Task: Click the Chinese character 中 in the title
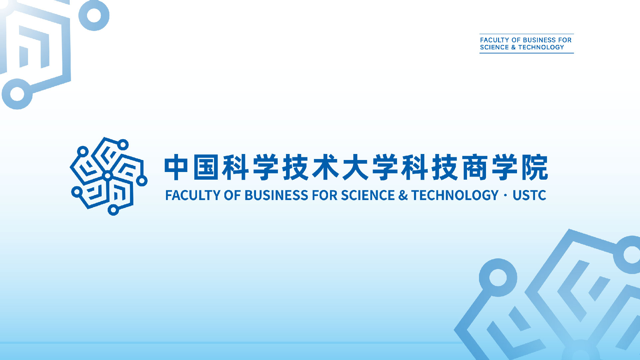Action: pyautogui.click(x=177, y=167)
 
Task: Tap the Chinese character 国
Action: pyautogui.click(x=206, y=167)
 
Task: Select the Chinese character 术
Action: pyautogui.click(x=325, y=167)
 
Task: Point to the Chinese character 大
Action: pyautogui.click(x=355, y=167)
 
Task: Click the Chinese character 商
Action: pyautogui.click(x=475, y=167)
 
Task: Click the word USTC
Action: pyautogui.click(x=529, y=195)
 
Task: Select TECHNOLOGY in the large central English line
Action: pyautogui.click(x=455, y=195)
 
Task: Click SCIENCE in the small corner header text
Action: pyautogui.click(x=494, y=47)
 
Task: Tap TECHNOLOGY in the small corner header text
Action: pyautogui.click(x=541, y=47)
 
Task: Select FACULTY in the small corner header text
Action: pyautogui.click(x=494, y=40)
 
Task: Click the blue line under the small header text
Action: pyautogui.click(x=527, y=53)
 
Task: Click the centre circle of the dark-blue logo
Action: pyautogui.click(x=108, y=176)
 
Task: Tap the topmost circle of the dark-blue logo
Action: pyautogui.click(x=123, y=145)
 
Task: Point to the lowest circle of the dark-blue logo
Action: pyautogui.click(x=113, y=210)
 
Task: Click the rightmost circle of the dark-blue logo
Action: pyautogui.click(x=142, y=181)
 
